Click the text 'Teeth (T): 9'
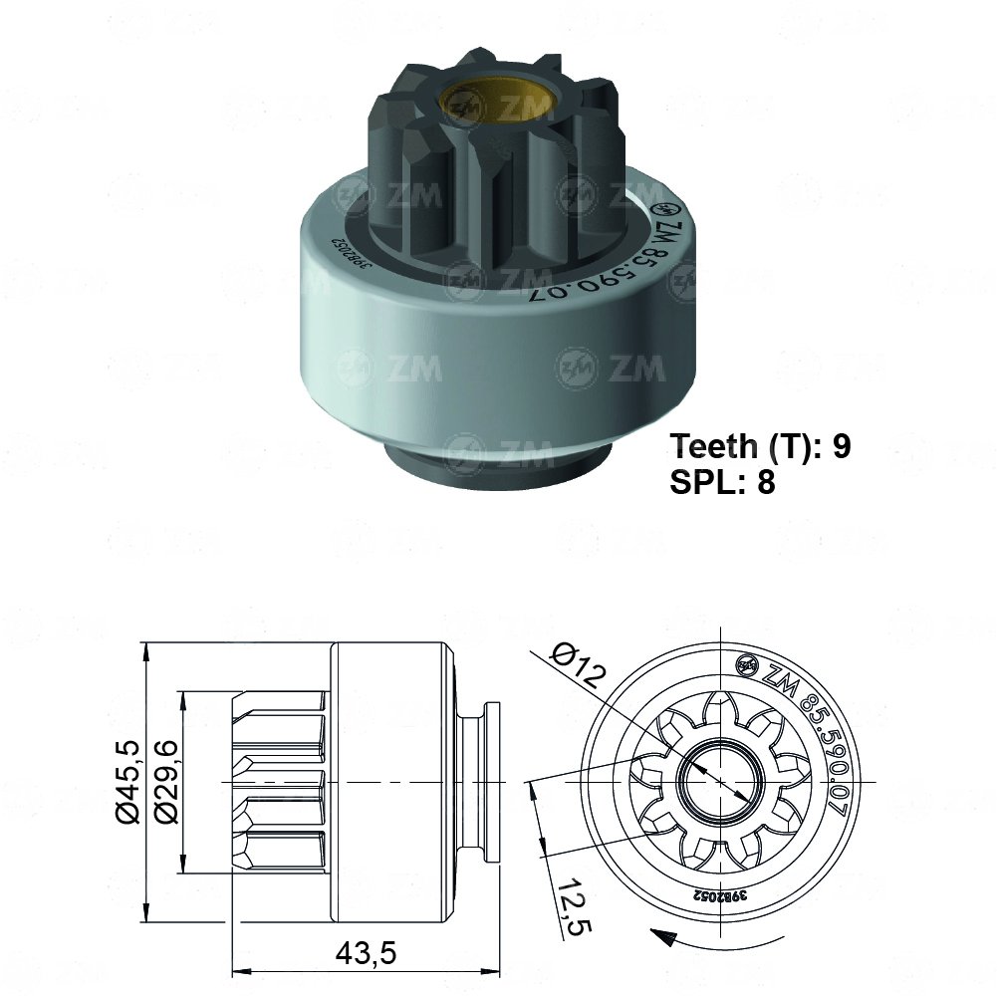pyautogui.click(x=760, y=446)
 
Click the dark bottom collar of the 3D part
pyautogui.click(x=498, y=463)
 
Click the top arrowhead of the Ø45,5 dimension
pyautogui.click(x=146, y=650)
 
